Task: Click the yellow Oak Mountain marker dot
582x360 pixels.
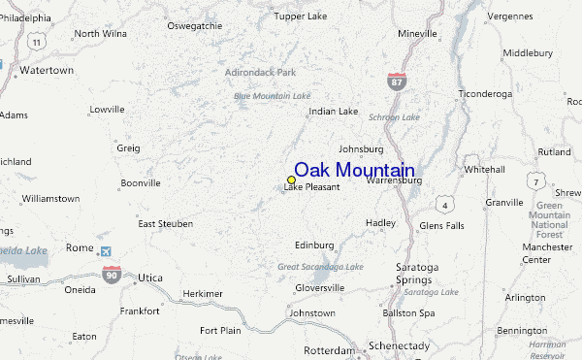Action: (291, 180)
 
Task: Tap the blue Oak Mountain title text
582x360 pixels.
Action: (354, 170)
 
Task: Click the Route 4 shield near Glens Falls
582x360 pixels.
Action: (443, 204)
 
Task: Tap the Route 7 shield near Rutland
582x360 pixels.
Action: (533, 181)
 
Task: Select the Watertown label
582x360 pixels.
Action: (47, 71)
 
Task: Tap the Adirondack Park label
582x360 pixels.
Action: (259, 72)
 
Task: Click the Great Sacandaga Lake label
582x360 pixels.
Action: (320, 267)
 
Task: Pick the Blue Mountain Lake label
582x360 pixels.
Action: (272, 95)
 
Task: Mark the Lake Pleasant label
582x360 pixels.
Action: (311, 187)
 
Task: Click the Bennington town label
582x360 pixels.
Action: (523, 330)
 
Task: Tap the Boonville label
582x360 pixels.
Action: (140, 182)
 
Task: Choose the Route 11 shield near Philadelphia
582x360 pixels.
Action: (36, 42)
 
